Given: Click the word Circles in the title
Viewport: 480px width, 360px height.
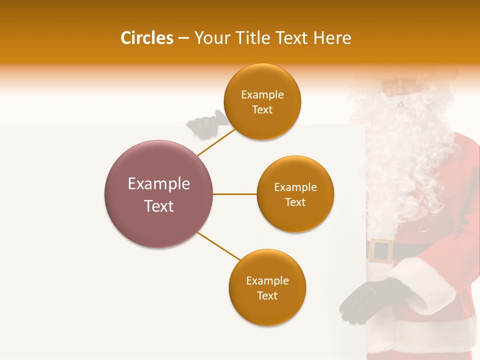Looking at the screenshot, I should click(x=146, y=38).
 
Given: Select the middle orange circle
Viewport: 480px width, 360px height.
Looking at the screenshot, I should click(x=295, y=215).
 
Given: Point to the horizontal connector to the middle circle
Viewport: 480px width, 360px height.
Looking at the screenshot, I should click(x=235, y=194).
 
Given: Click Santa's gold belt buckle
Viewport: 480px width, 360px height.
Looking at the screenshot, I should click(x=381, y=250).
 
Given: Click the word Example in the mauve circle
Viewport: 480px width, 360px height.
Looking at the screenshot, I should click(x=159, y=184).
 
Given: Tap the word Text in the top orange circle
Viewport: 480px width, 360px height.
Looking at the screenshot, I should click(x=262, y=110).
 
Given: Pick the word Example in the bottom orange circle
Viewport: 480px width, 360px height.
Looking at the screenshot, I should click(x=267, y=281).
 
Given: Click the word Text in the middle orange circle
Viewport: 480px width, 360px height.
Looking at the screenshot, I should click(x=295, y=202).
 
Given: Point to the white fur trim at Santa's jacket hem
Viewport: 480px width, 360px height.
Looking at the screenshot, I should click(x=430, y=335).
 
